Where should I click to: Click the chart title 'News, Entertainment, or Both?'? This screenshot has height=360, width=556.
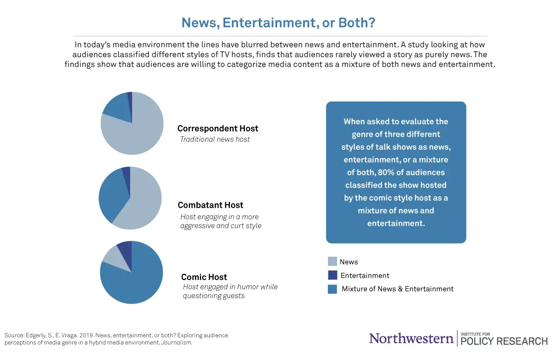(x=278, y=22)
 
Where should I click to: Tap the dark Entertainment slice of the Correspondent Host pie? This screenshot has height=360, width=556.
(x=130, y=97)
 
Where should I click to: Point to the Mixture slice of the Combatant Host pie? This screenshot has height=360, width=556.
(x=111, y=193)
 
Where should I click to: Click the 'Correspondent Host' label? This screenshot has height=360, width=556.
(x=218, y=129)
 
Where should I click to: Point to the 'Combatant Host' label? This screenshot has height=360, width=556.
(x=210, y=205)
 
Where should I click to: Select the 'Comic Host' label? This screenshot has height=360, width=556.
(x=204, y=277)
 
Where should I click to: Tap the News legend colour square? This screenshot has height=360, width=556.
(x=333, y=261)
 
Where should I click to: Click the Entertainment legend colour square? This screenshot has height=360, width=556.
(x=333, y=275)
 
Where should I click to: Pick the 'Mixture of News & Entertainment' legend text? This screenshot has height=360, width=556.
(x=397, y=289)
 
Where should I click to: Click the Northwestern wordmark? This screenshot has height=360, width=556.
(x=411, y=338)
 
